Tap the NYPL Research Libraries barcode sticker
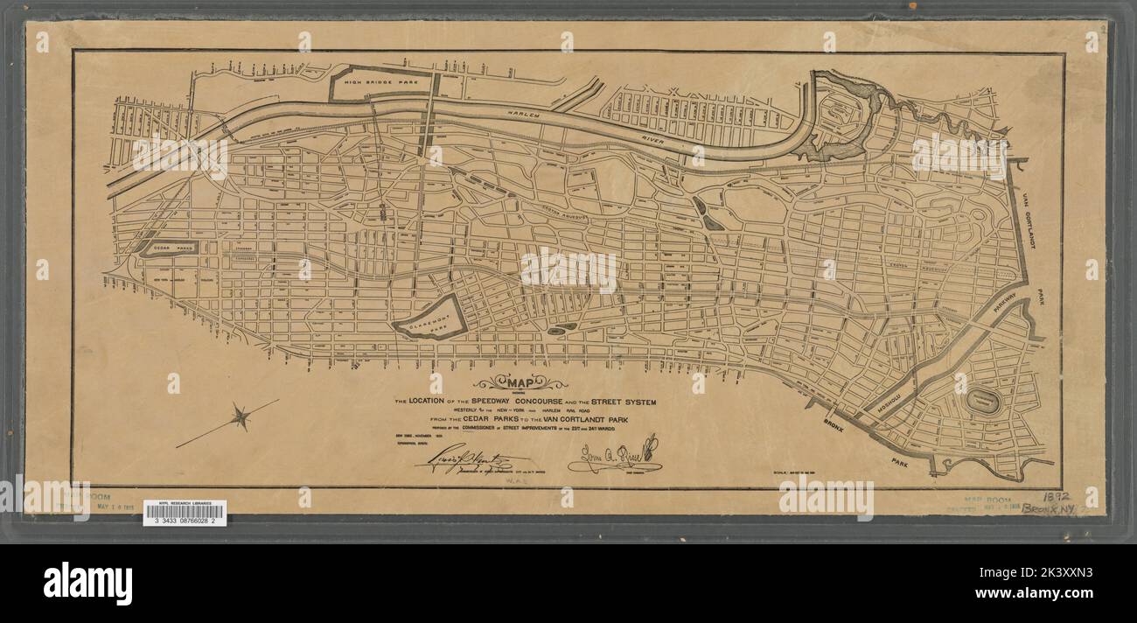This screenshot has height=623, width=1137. (x=185, y=514)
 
